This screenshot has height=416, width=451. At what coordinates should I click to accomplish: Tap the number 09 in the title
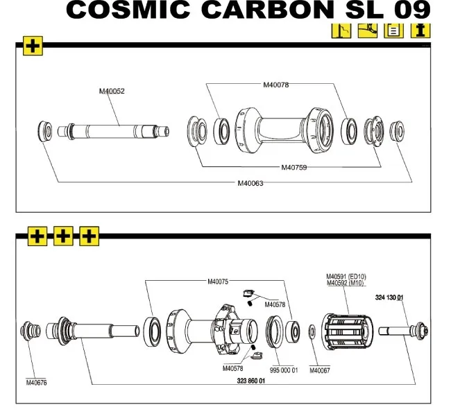(x=411, y=10)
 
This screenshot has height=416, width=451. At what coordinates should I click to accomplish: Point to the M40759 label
(x=294, y=167)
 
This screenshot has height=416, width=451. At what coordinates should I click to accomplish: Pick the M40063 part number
(x=250, y=183)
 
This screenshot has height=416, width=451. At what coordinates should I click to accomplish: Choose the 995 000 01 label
(x=283, y=370)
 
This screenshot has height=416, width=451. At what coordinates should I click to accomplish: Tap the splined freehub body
(x=347, y=331)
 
